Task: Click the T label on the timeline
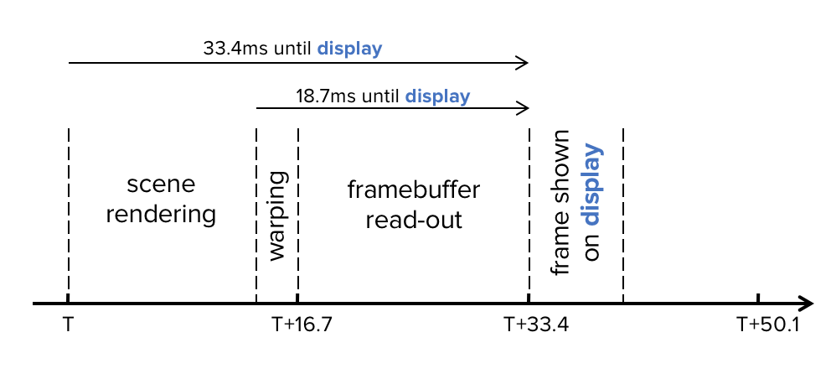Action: pos(67,323)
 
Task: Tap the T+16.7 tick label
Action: pos(302,323)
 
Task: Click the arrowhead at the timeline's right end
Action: pos(806,303)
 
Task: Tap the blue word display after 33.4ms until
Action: pos(350,48)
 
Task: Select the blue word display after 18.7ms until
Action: pos(437,96)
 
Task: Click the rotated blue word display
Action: pos(592,184)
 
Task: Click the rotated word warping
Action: pos(277,216)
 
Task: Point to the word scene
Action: pos(161,184)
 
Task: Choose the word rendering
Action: pos(161,215)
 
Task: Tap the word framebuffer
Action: pos(414,189)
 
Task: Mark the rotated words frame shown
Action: pos(561,201)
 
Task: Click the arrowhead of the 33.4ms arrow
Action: pos(524,63)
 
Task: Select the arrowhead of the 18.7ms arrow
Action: pos(524,108)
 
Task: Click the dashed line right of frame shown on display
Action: pos(624,210)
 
